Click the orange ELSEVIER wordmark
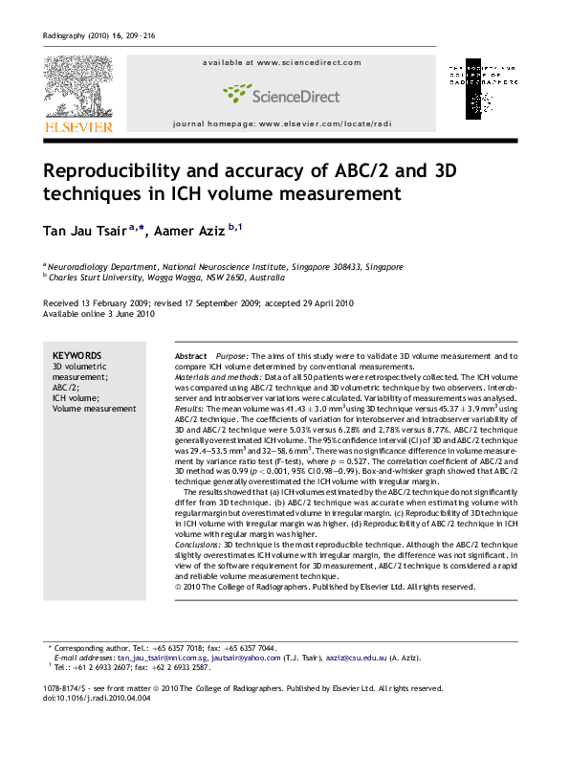77,126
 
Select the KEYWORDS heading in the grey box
77,354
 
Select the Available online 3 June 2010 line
98,313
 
